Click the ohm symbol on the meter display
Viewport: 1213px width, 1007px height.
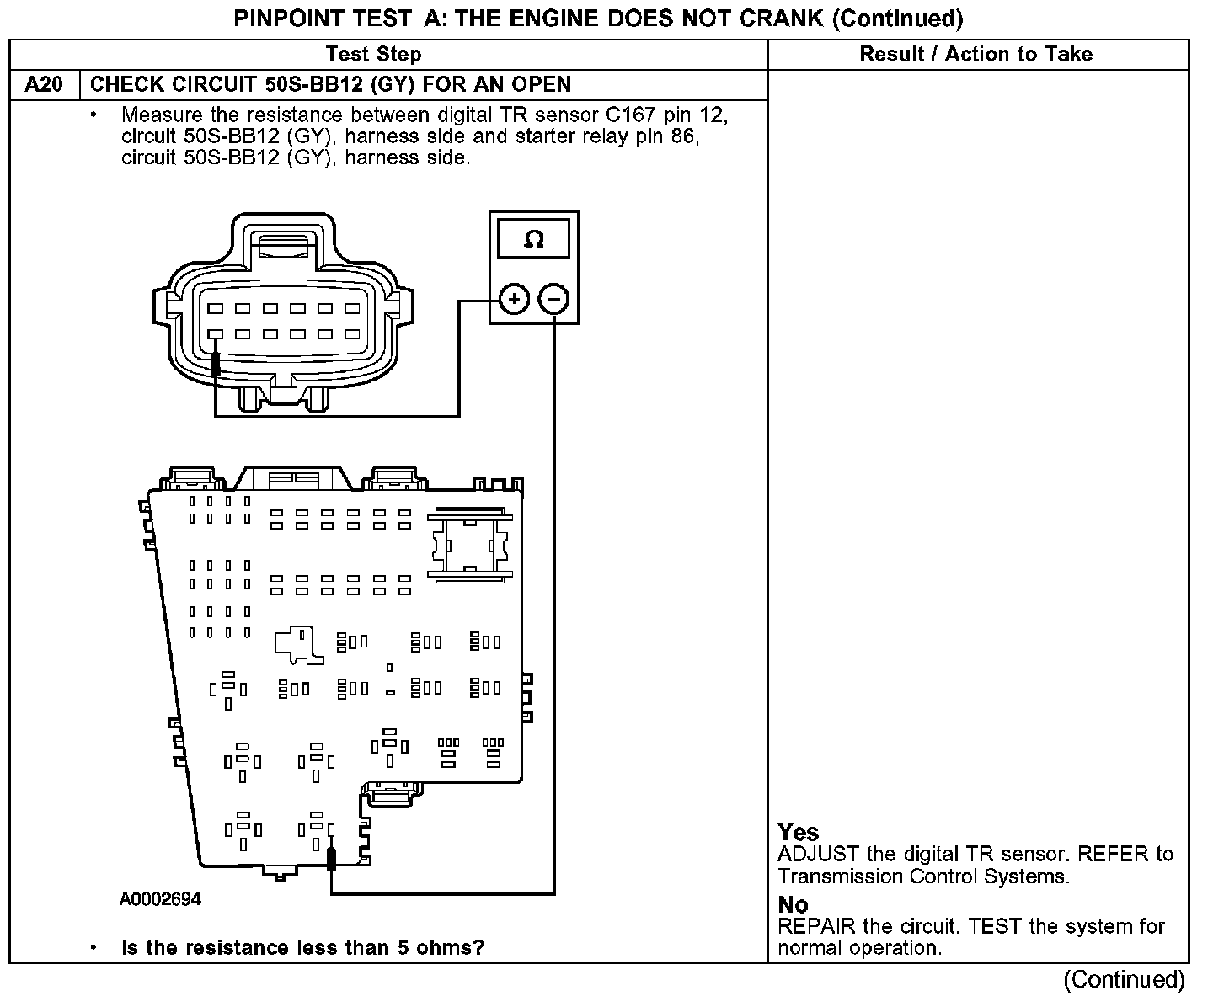tap(534, 240)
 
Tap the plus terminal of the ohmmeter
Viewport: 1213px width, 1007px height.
tap(514, 299)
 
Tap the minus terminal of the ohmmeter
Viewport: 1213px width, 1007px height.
tap(553, 299)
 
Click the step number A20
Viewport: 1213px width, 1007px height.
tap(44, 85)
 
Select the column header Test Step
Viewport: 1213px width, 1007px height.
tap(373, 55)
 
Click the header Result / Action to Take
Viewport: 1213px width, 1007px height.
tap(975, 55)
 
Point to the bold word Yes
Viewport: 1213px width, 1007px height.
tap(799, 833)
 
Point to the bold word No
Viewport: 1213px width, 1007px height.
tap(793, 905)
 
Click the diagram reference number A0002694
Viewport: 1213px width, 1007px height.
tap(160, 900)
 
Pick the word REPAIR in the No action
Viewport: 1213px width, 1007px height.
tap(812, 927)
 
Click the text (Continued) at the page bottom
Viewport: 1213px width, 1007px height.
tap(1124, 979)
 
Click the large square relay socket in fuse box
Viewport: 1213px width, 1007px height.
tap(468, 544)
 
